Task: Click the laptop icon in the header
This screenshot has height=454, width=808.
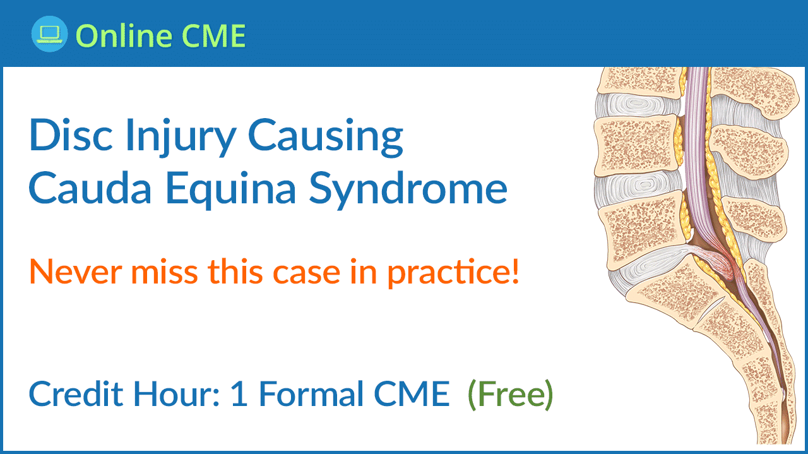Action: (49, 34)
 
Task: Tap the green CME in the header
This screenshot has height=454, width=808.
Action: (213, 35)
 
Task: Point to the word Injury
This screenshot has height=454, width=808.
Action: (181, 138)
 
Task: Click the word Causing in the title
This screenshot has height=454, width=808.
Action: (326, 138)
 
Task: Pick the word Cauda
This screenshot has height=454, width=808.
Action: (90, 188)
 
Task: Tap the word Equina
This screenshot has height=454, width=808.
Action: (231, 190)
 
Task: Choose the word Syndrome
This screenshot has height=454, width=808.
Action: (408, 190)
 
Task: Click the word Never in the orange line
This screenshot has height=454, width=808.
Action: (75, 272)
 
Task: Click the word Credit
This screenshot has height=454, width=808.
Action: (76, 394)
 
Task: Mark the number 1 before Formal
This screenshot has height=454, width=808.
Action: (239, 394)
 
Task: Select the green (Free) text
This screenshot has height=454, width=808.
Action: (510, 395)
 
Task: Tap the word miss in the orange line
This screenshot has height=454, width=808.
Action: (164, 272)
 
